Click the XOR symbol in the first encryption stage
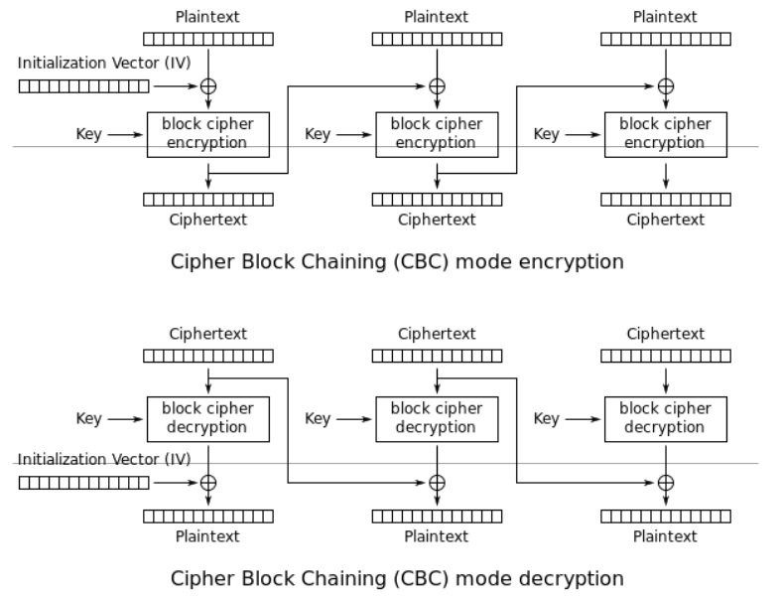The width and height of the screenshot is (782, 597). pos(208,86)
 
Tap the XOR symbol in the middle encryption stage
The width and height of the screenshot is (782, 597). pos(437,86)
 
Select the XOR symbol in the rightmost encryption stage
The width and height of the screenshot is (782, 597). pos(666,86)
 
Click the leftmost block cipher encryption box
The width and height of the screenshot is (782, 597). pos(208,134)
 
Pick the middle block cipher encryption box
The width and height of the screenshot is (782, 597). pos(437,134)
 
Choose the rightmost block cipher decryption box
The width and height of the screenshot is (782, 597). pos(666,418)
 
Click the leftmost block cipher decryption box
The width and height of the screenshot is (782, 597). pos(208,418)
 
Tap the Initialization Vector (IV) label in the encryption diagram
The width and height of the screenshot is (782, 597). pos(103,63)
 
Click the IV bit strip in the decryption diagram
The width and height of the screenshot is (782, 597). pos(83,483)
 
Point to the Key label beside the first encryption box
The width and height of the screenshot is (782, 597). pos(88,134)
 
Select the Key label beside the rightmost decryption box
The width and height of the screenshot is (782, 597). pos(546,418)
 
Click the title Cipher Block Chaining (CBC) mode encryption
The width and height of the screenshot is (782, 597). pos(397,262)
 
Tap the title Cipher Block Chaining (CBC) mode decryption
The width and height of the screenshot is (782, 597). pos(397,578)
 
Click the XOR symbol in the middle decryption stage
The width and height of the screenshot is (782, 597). pos(437,483)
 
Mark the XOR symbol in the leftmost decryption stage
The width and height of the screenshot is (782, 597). pos(208,483)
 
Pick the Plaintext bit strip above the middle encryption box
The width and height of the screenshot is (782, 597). pos(437,39)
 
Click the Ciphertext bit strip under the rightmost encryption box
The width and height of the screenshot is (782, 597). pos(666,200)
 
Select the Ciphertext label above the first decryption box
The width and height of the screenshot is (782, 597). pos(208,334)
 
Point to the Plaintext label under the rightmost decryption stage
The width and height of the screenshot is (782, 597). pos(666,536)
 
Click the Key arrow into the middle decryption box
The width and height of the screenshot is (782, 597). pos(352,418)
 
